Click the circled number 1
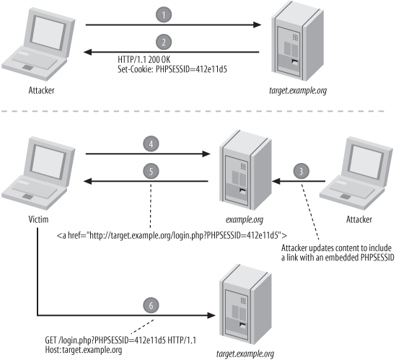pos(165,15)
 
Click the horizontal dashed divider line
pos(198,111)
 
